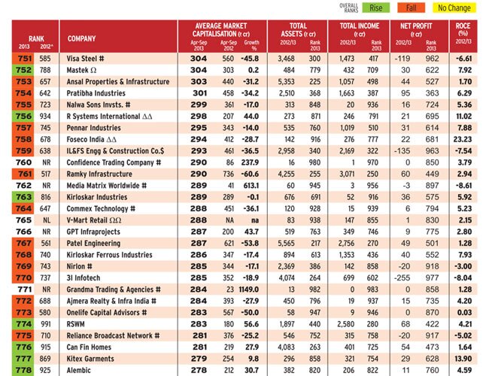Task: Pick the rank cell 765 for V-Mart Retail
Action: [x=23, y=220]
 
